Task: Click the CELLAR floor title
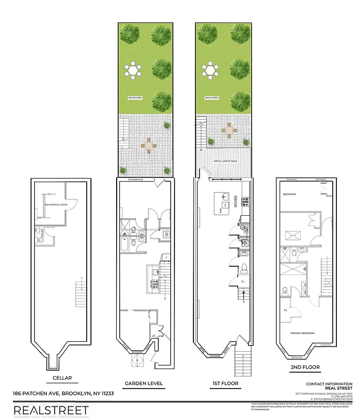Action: [62, 377]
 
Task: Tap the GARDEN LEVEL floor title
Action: [143, 383]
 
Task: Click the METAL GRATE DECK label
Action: [224, 162]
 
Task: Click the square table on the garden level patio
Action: [149, 145]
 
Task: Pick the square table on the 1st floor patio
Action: [230, 130]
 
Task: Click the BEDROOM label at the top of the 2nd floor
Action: [290, 194]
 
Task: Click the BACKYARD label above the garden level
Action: [136, 98]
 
